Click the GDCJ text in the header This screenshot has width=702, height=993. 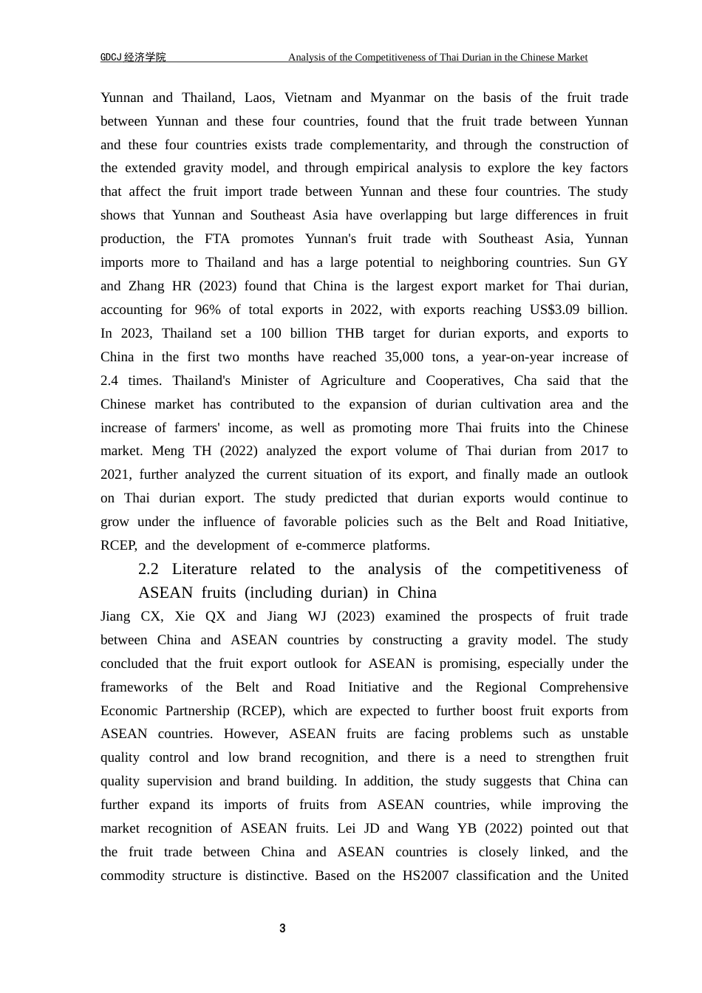pos(111,58)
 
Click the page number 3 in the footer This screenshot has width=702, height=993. pos(282,928)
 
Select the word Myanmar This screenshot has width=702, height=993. pos(398,98)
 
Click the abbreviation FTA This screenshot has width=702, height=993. pos(218,239)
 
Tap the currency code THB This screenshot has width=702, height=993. pos(350,333)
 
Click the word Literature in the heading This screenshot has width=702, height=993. pos(205,569)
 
